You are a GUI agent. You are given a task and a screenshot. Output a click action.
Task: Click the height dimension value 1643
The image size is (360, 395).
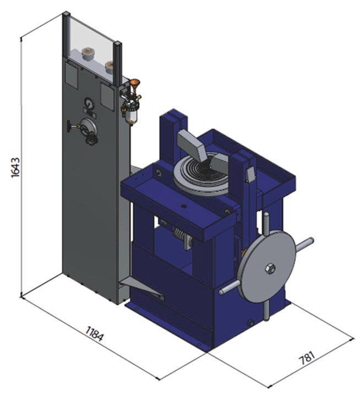(15, 167)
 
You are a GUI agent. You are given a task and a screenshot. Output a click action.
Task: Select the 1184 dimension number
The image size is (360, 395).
(94, 333)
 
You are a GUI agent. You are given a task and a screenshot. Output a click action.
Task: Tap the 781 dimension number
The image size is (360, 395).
(307, 358)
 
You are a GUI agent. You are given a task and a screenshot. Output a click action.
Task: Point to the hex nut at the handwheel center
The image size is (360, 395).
(270, 268)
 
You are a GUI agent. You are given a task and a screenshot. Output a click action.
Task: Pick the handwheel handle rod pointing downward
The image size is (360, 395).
(266, 311)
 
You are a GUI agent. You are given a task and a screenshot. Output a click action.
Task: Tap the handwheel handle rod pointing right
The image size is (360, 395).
(304, 245)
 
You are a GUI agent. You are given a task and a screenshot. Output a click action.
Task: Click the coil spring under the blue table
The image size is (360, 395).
(180, 235)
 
